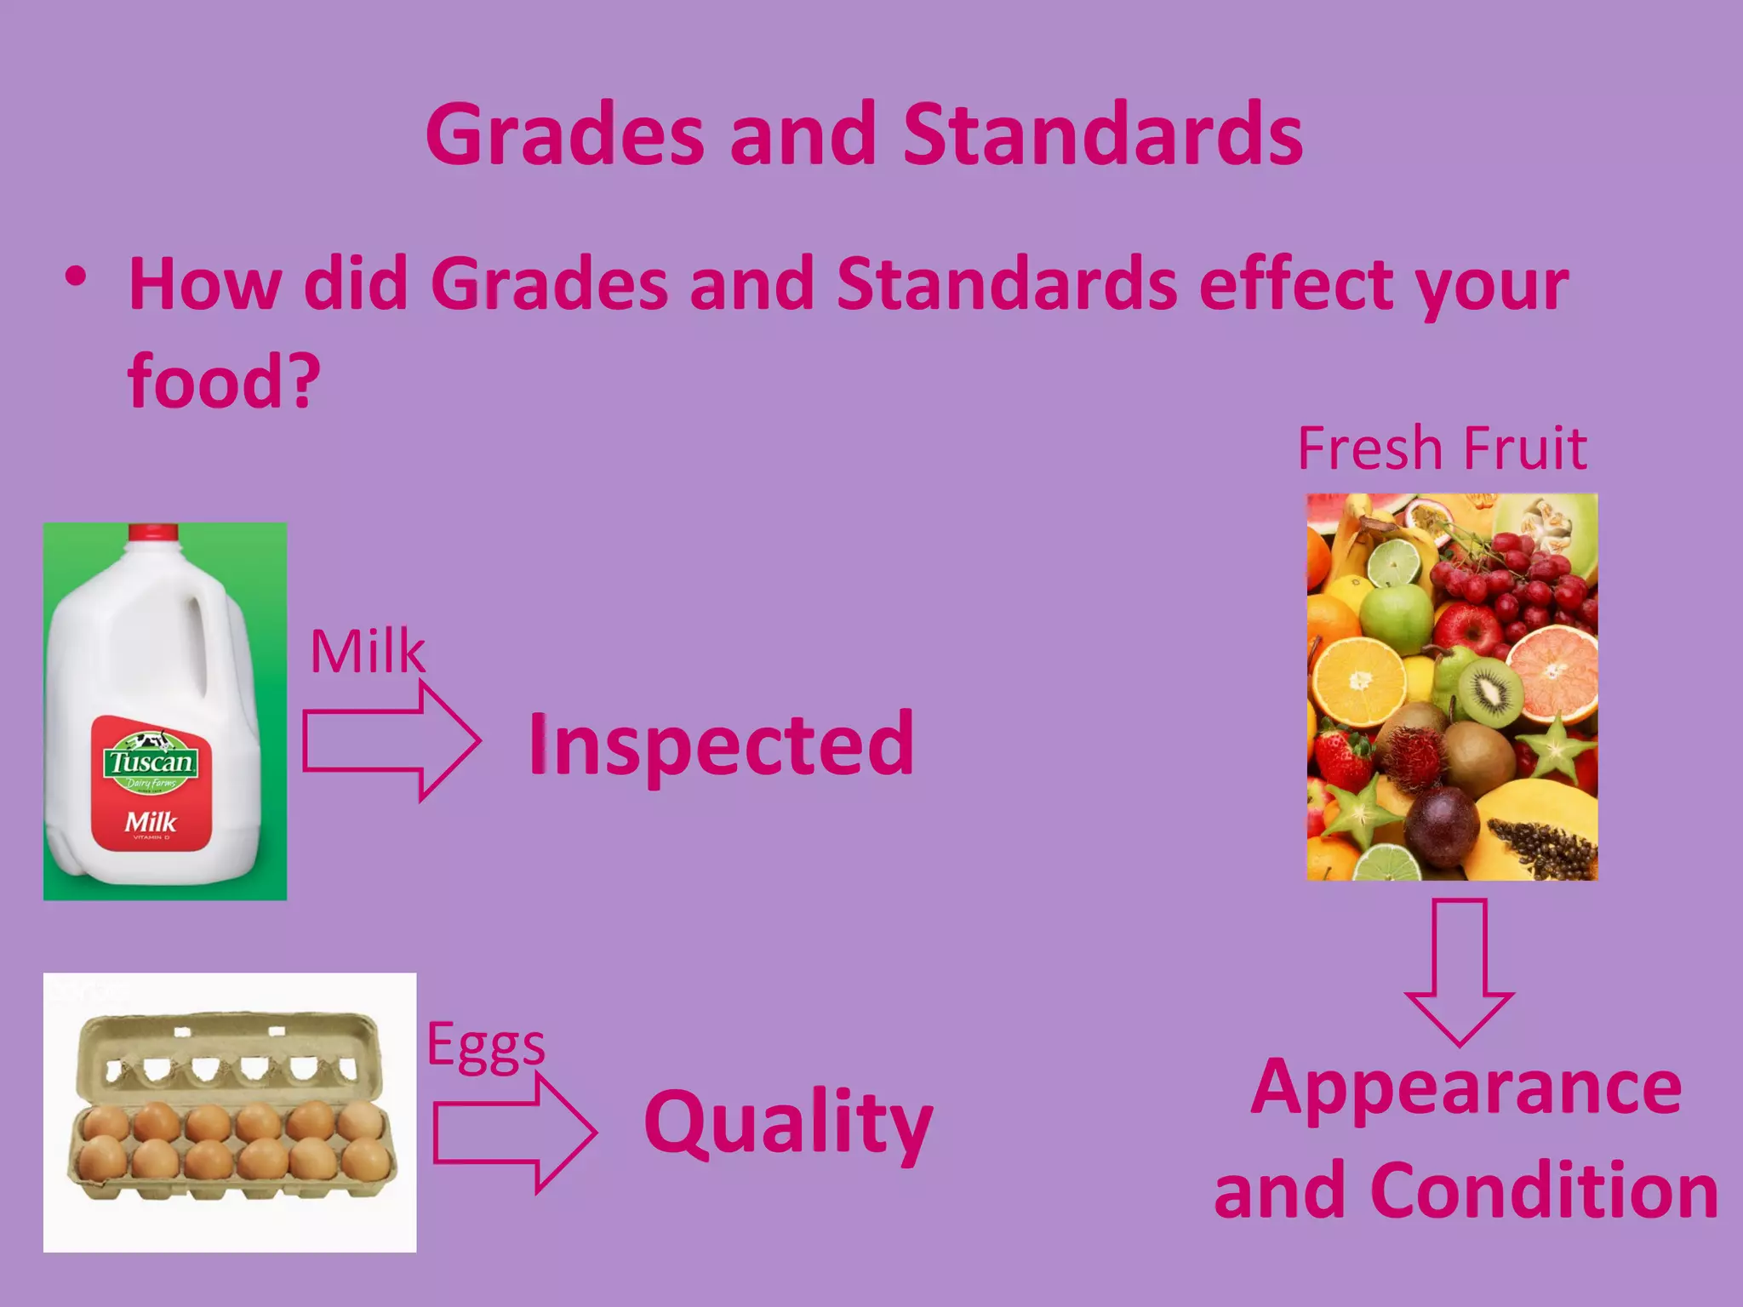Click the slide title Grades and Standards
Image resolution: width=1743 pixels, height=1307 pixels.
point(864,134)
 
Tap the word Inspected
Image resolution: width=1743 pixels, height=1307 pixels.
point(722,744)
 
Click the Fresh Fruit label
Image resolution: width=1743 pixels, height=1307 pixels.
point(1442,448)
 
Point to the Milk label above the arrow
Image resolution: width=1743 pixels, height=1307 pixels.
point(367,652)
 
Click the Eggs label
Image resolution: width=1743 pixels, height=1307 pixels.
point(485,1045)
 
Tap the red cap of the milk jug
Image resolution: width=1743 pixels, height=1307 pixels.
point(153,533)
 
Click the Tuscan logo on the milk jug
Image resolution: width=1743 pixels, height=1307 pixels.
point(151,760)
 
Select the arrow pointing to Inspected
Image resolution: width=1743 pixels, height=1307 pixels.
point(391,741)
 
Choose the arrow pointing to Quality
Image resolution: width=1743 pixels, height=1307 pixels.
point(514,1133)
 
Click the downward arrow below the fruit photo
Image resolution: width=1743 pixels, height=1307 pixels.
point(1459,970)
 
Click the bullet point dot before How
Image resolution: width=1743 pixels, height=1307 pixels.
point(76,277)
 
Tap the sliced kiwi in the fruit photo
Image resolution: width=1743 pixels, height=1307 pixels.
point(1490,691)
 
